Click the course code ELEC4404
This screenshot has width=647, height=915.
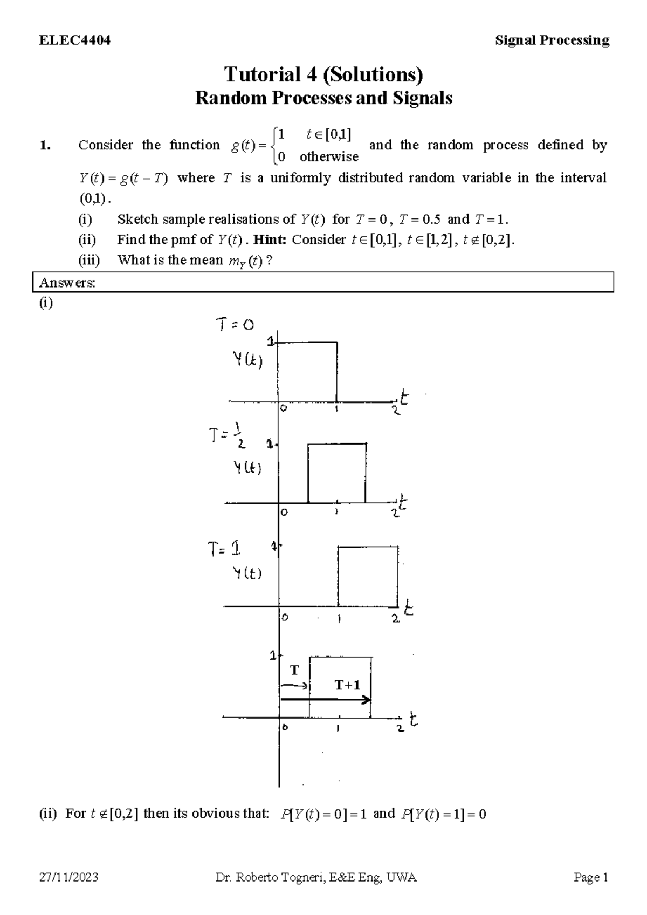click(75, 40)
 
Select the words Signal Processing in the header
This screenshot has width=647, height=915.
click(552, 40)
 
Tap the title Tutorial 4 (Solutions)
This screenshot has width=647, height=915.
click(323, 74)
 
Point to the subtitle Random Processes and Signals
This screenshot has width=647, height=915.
click(323, 98)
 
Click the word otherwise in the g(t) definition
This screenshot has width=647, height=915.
click(329, 157)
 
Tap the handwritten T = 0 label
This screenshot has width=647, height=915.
click(235, 325)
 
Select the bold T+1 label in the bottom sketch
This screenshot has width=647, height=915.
click(347, 685)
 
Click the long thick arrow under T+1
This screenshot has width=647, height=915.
click(326, 700)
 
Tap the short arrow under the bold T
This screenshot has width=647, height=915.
click(294, 686)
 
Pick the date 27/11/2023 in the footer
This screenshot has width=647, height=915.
click(68, 878)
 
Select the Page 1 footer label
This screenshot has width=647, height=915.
click(591, 878)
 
